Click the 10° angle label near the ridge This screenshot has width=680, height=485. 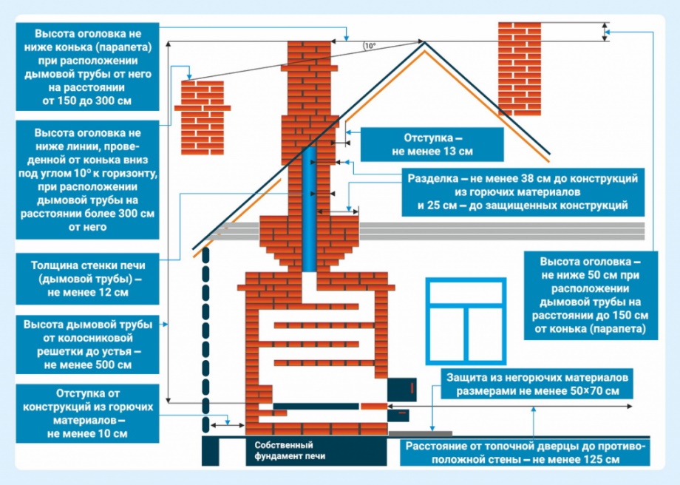(370, 46)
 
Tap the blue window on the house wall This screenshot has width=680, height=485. (466, 321)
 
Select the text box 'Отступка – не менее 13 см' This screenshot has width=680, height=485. (432, 144)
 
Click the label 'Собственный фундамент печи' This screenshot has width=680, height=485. (290, 450)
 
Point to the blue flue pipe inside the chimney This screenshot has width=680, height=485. (309, 209)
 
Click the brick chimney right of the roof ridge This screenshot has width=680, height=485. (519, 69)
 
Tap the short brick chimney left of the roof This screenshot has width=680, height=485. (202, 118)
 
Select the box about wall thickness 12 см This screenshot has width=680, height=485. (88, 279)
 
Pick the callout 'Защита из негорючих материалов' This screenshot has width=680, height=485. (537, 384)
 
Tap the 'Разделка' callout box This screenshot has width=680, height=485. (523, 192)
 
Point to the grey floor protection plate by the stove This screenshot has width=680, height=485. (420, 433)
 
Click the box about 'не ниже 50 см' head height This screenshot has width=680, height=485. (591, 296)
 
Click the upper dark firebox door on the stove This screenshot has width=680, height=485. (401, 390)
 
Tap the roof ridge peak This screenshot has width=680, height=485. (424, 42)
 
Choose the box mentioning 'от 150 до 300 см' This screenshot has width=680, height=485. (88, 67)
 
